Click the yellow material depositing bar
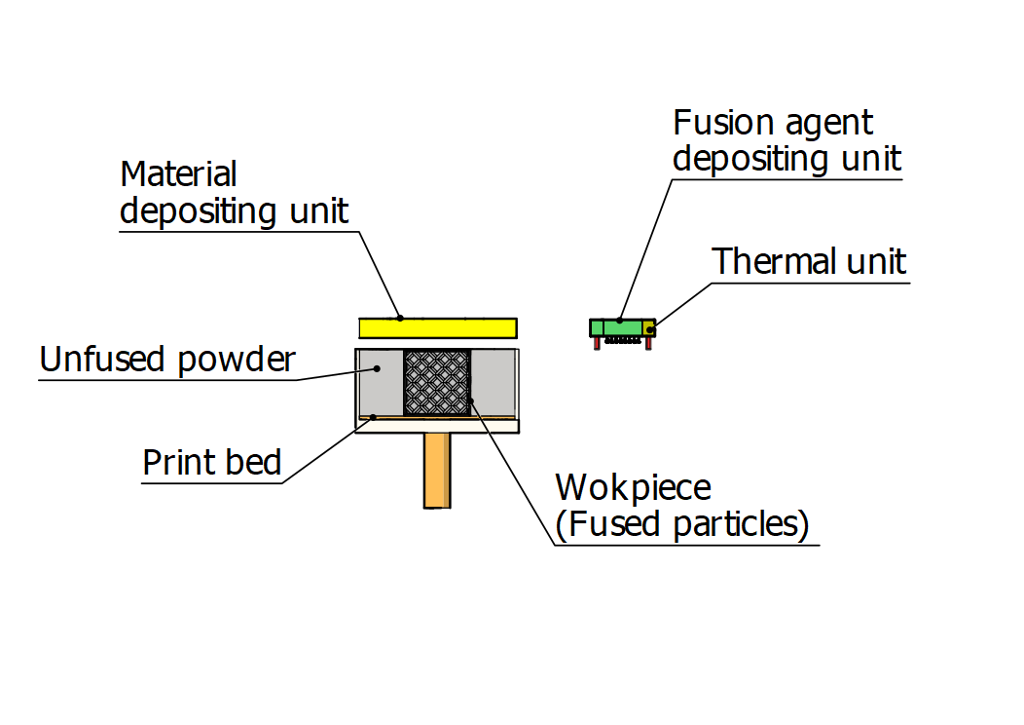(x=438, y=327)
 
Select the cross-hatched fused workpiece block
(x=437, y=382)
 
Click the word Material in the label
(x=178, y=175)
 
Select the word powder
(x=238, y=362)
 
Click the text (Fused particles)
(x=682, y=524)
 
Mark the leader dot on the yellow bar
(x=399, y=318)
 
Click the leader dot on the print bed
(x=372, y=418)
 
